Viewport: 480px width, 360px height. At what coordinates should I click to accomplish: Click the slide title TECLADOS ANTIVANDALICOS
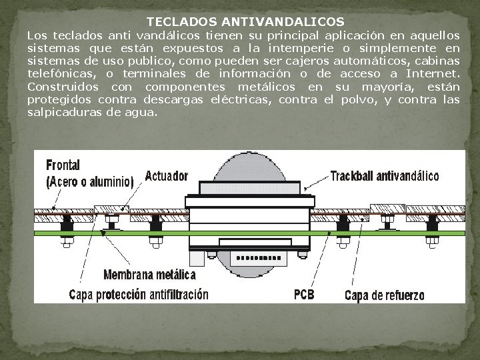pyautogui.click(x=245, y=22)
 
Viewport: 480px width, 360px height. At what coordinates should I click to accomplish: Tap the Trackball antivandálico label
pyautogui.click(x=385, y=177)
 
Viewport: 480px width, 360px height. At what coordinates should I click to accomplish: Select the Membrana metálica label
pyautogui.click(x=150, y=274)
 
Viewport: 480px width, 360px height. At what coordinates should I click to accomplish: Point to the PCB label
pyautogui.click(x=304, y=293)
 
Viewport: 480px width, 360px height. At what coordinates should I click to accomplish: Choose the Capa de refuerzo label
pyautogui.click(x=384, y=294)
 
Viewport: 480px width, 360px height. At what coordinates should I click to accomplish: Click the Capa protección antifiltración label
pyautogui.click(x=139, y=294)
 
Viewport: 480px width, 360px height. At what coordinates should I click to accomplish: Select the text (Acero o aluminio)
pyautogui.click(x=89, y=181)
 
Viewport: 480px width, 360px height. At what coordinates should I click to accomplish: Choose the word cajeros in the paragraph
pyautogui.click(x=311, y=60)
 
